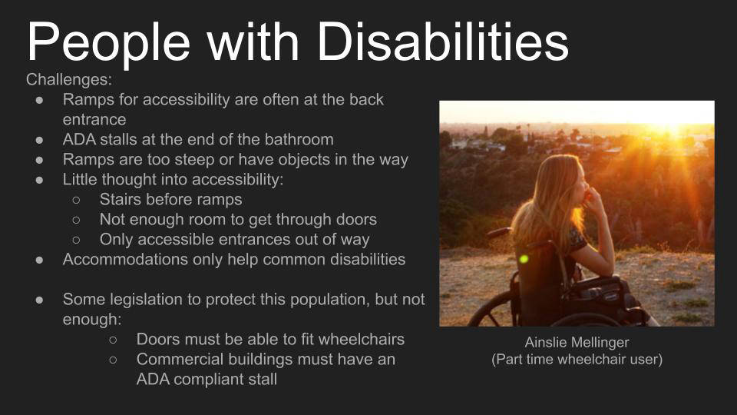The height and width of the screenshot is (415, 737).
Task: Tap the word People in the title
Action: click(x=108, y=45)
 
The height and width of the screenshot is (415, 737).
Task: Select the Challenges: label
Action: click(x=69, y=79)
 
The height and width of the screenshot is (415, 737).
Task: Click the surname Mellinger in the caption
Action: click(x=603, y=343)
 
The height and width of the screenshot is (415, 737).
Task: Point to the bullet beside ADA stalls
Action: click(x=39, y=140)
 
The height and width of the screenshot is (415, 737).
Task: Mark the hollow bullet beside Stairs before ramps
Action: click(x=76, y=200)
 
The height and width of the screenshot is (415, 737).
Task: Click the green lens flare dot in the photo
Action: click(x=524, y=259)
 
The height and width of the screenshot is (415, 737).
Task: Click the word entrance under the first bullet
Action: click(x=94, y=120)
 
